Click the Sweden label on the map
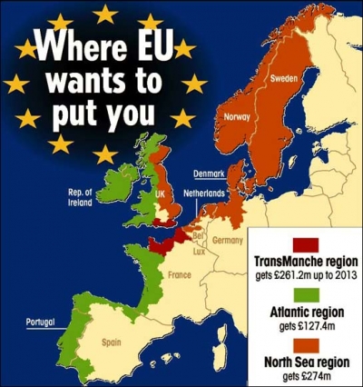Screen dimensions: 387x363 pos(283,78)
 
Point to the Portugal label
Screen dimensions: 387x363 pos(40,322)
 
